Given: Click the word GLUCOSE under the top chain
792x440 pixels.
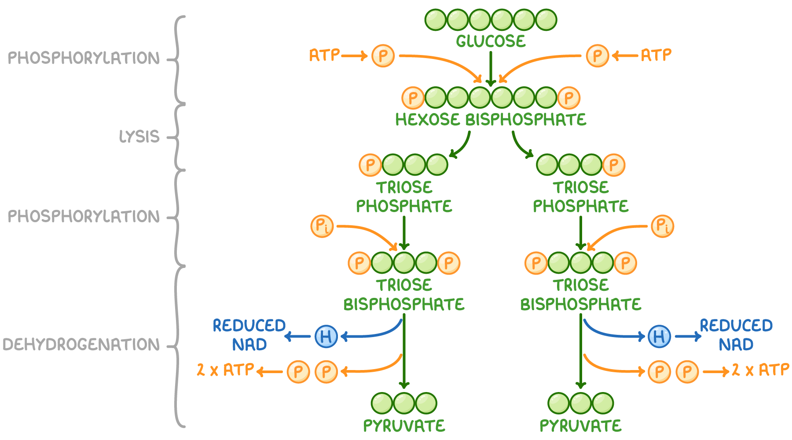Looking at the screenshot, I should tap(491, 41).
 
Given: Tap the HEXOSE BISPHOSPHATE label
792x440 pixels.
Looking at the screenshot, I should tap(491, 120).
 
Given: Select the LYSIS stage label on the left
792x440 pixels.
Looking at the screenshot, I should tap(139, 136).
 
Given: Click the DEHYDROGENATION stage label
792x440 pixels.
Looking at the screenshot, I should tap(81, 345).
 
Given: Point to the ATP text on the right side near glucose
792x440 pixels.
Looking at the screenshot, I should tap(656, 55).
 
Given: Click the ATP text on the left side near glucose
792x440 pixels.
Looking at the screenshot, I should tap(324, 55).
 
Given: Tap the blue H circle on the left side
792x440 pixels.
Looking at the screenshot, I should tap(326, 337).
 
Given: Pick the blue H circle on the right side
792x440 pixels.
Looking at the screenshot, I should tap(659, 337).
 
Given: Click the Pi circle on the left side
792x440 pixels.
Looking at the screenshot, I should tap(322, 226).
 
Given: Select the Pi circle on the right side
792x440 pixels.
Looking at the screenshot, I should tap(662, 226).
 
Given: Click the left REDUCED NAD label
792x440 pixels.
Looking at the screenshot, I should tap(249, 335).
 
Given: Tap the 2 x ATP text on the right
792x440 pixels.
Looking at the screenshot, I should tap(760, 370).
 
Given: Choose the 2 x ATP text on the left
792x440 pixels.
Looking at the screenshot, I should tap(225, 370).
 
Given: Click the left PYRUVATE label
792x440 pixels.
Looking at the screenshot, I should tap(404, 426).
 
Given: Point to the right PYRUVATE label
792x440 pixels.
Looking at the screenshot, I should tap(580, 426).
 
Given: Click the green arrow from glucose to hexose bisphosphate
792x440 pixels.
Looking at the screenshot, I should tap(491, 68).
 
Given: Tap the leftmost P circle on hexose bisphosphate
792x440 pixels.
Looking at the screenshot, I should tap(413, 98).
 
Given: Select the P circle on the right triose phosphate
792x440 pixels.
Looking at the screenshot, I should tap(614, 165).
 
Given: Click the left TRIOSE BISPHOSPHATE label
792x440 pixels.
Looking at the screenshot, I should tap(404, 295).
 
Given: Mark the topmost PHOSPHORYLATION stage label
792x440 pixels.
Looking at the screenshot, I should tap(84, 58).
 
